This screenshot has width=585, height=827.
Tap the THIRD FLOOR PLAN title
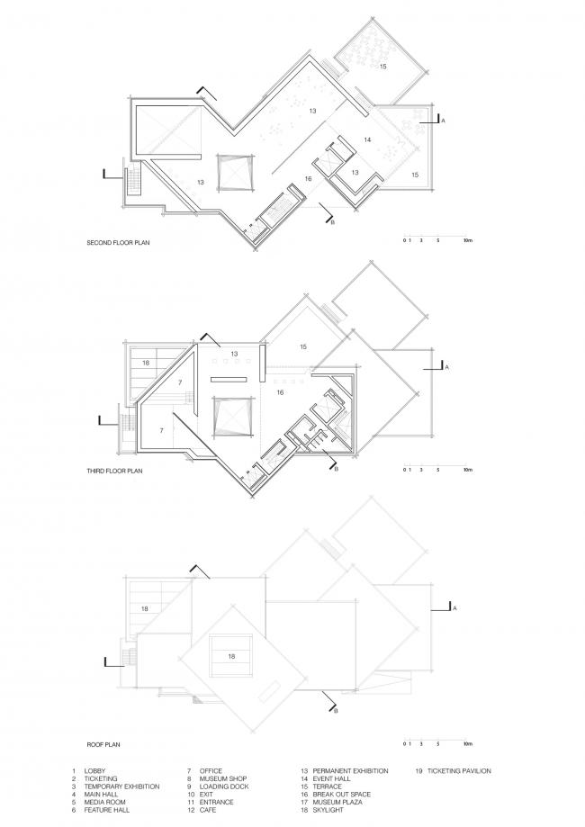[114, 470]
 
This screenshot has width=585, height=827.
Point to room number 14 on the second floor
[368, 139]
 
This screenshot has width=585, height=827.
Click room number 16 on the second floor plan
[308, 179]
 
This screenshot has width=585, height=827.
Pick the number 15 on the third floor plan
[303, 346]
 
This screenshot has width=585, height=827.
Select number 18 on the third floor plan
[145, 363]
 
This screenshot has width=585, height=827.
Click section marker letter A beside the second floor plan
[445, 119]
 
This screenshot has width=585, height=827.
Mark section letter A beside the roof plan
[456, 609]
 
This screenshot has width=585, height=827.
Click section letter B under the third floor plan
[337, 469]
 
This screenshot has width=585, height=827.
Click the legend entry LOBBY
[95, 771]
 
